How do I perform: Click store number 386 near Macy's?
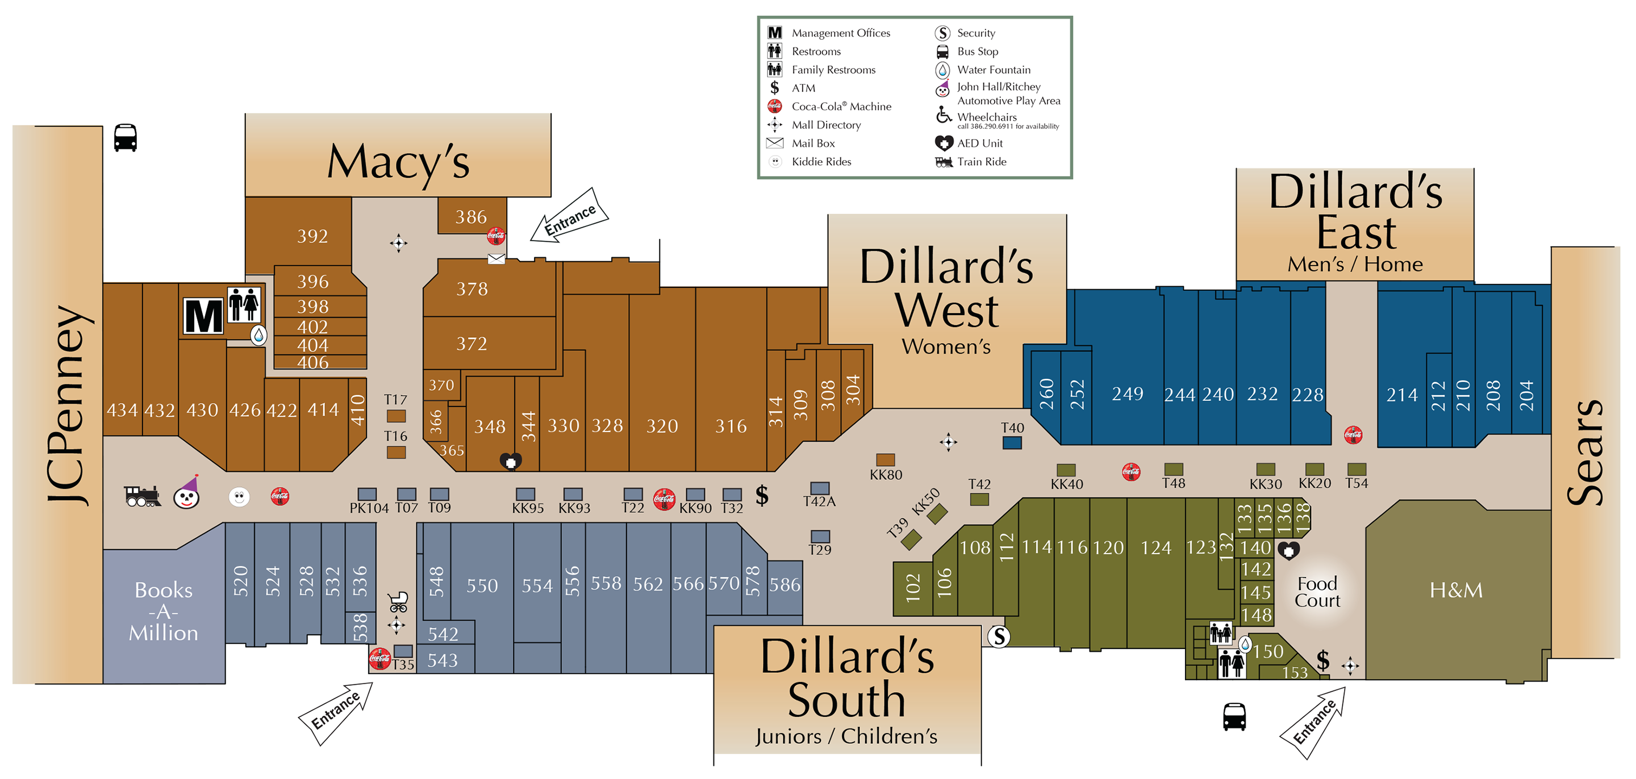point(470,217)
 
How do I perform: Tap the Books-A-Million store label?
point(163,612)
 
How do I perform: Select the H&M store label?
point(1455,590)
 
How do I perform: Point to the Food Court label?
point(1317,592)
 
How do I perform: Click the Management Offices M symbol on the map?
point(203,316)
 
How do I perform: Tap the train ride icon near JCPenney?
point(141,496)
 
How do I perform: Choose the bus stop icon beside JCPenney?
point(125,138)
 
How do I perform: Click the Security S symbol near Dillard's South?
point(999,636)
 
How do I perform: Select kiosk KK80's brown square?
point(886,460)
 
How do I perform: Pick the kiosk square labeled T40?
point(1012,442)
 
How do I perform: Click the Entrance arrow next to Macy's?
point(569,216)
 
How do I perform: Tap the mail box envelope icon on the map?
point(496,258)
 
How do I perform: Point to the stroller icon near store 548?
point(398,601)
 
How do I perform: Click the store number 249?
point(1127,394)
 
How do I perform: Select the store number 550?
point(482,585)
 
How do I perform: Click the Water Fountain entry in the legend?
point(994,70)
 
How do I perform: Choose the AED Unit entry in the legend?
point(979,144)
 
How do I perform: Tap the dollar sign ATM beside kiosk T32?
point(761,495)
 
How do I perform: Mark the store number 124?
point(1155,547)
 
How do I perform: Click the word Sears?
point(1585,452)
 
